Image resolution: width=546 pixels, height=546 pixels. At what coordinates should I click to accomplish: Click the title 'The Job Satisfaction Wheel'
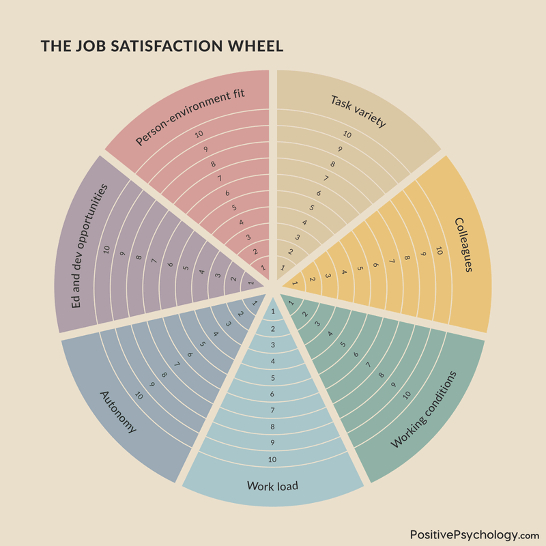[x=162, y=46]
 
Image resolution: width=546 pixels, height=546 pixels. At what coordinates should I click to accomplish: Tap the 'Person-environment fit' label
[x=190, y=117]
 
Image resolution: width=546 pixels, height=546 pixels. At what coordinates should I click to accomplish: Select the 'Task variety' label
[x=358, y=111]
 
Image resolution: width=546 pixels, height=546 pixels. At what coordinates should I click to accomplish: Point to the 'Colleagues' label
[x=463, y=244]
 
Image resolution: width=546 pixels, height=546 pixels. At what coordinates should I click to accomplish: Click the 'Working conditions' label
[x=423, y=409]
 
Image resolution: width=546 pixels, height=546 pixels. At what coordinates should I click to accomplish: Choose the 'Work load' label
[x=273, y=486]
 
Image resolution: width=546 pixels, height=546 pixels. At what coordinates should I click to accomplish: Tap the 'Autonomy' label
[x=118, y=412]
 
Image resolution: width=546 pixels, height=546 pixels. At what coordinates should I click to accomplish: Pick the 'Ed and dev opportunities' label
[x=89, y=246]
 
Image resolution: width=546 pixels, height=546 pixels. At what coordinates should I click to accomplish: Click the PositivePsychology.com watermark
[x=474, y=535]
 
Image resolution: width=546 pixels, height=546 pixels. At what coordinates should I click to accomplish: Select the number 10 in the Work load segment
[x=273, y=460]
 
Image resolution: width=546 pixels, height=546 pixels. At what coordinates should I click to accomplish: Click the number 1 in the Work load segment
[x=273, y=311]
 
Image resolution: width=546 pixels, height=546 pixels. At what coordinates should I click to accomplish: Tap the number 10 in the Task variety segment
[x=347, y=135]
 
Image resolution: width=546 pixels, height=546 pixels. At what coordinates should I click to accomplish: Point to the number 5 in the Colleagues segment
[x=360, y=268]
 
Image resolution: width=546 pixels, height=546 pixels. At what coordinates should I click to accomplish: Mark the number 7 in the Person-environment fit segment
[x=219, y=179]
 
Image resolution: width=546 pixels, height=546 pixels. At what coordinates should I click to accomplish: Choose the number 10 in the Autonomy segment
[x=139, y=396]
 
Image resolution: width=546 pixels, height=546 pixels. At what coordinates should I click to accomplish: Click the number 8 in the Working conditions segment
[x=381, y=375]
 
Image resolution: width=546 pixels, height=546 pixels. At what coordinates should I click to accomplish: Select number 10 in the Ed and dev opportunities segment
[x=106, y=250]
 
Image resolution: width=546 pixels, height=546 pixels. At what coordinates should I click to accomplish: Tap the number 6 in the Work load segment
[x=272, y=394]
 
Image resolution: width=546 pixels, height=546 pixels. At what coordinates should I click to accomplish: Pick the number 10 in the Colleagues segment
[x=439, y=251]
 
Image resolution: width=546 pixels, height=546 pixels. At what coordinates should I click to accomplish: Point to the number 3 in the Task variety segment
[x=298, y=237]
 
